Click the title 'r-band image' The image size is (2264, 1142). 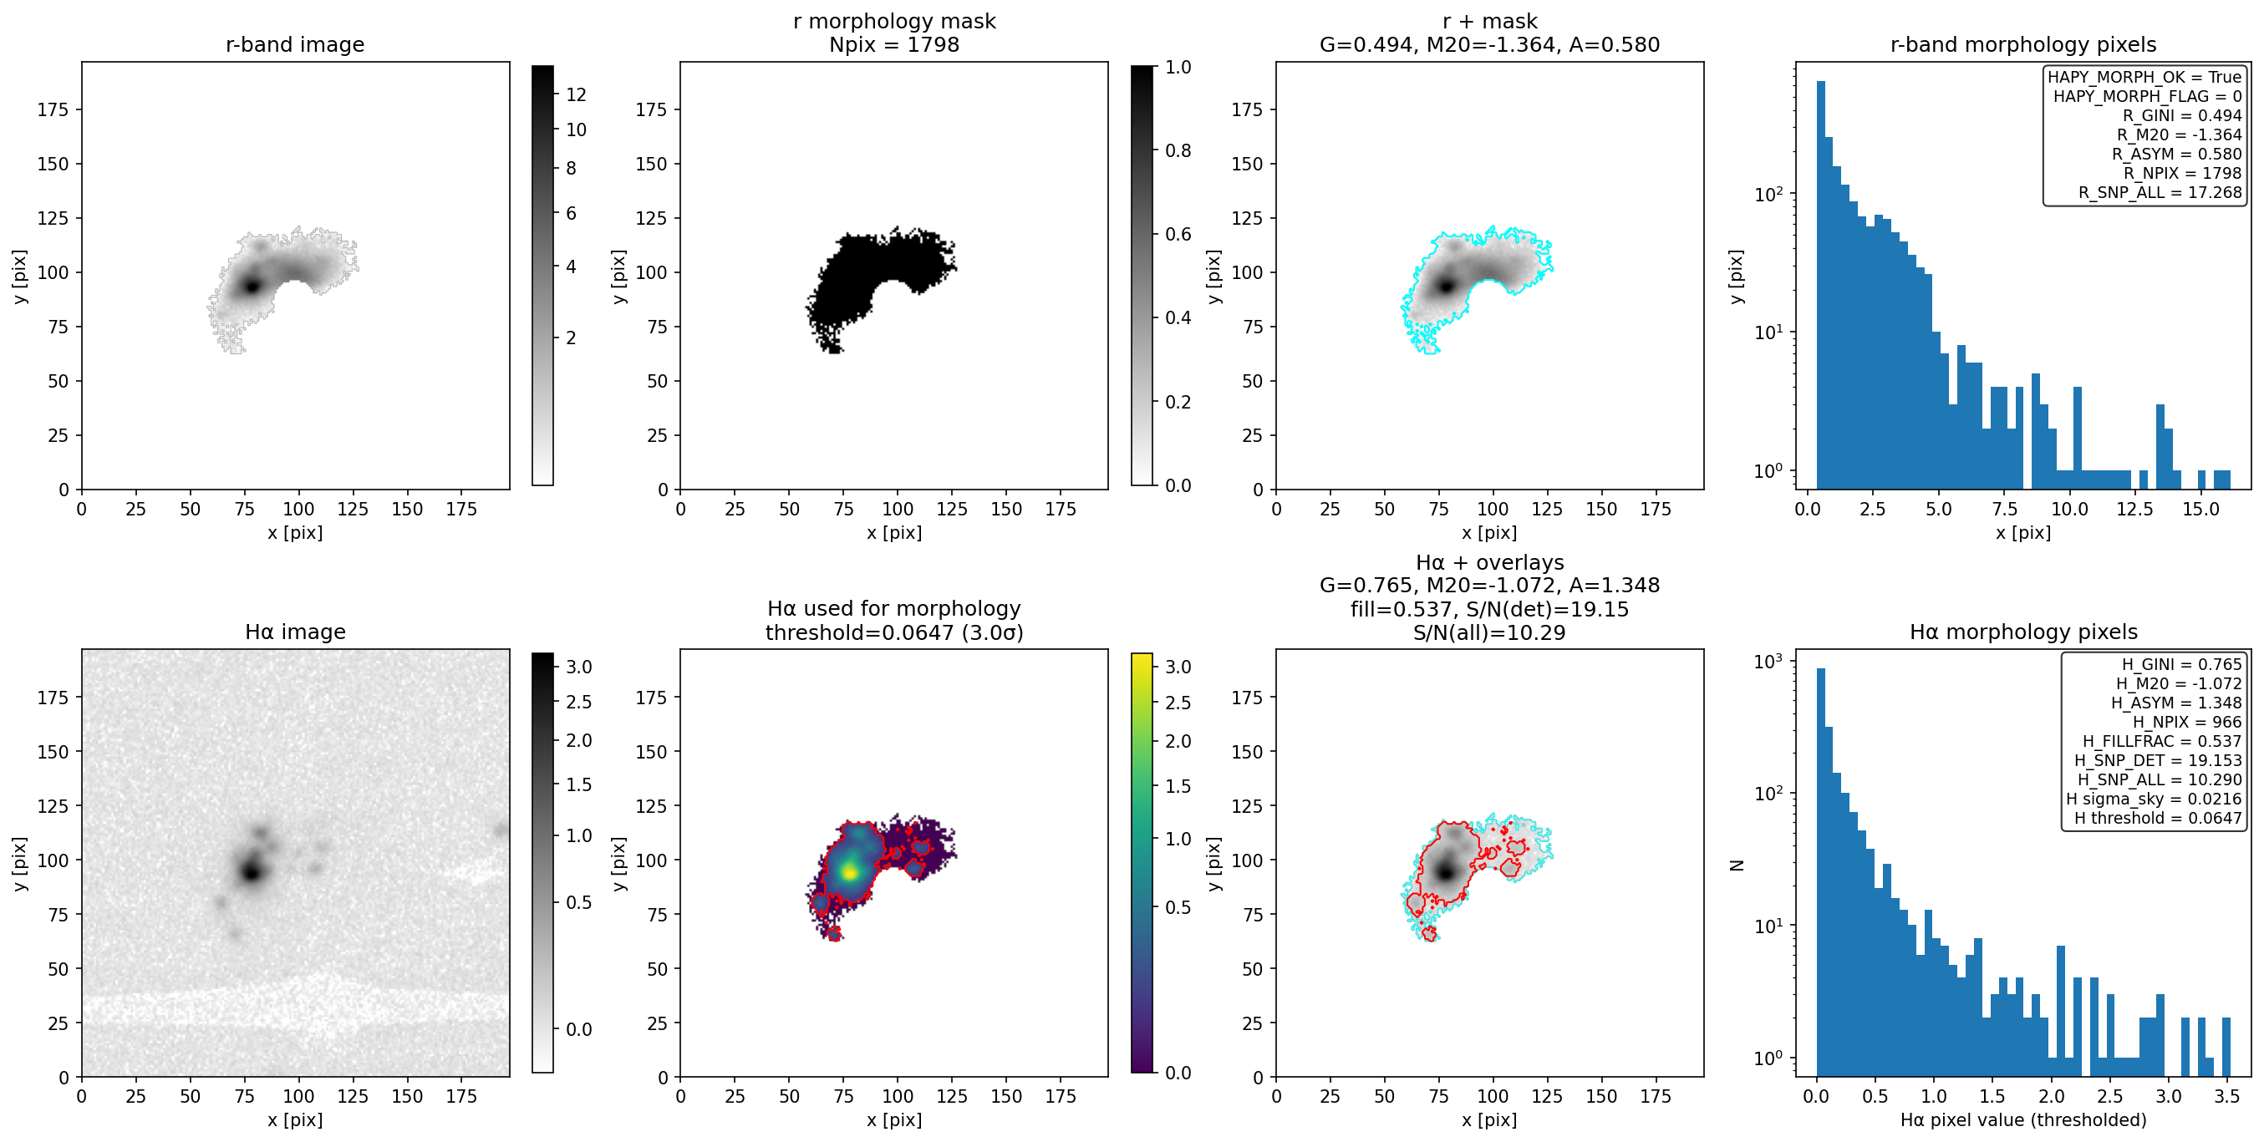point(294,45)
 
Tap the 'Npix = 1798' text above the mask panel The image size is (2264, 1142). point(894,45)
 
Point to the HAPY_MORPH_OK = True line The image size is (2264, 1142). point(2144,78)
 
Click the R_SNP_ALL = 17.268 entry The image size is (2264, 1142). point(2160,192)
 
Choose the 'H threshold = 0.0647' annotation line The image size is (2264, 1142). point(2158,819)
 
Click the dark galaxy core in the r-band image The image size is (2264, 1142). point(252,286)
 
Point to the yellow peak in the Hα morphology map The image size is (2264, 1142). point(849,872)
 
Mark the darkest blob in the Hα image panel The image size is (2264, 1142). point(252,871)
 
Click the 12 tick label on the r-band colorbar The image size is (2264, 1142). point(577,95)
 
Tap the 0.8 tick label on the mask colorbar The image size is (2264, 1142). point(1178,151)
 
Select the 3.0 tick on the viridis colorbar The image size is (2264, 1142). point(1178,667)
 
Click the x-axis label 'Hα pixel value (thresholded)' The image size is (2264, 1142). point(2023,1120)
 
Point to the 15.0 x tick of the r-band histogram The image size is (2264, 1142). point(2200,510)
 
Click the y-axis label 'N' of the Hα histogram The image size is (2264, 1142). point(1737,865)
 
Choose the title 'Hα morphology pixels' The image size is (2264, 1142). point(2023,632)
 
